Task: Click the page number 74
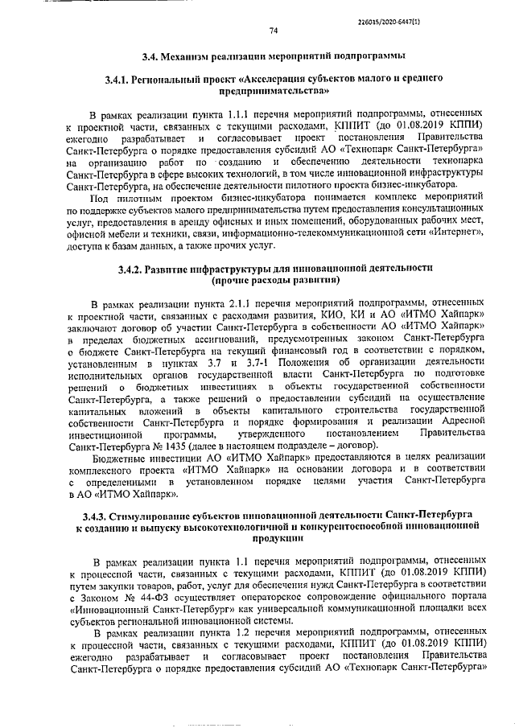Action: click(x=274, y=30)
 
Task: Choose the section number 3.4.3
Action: click(x=91, y=514)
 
